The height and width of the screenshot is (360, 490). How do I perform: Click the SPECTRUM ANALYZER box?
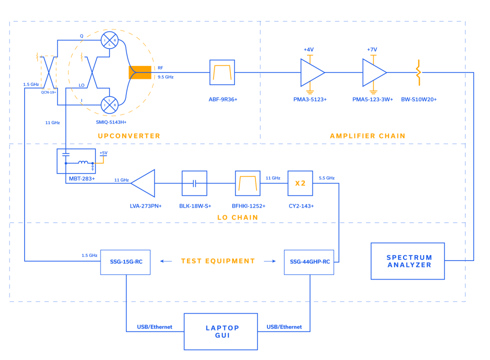[407, 261]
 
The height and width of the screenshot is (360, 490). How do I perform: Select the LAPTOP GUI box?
[220, 331]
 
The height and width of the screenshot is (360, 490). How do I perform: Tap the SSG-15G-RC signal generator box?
[125, 262]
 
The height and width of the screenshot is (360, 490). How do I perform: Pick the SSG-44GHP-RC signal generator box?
[309, 262]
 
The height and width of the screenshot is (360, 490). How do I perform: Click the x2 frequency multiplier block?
[300, 183]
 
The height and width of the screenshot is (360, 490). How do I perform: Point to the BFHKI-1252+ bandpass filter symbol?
[248, 183]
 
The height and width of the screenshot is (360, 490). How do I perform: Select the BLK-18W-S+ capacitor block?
[194, 183]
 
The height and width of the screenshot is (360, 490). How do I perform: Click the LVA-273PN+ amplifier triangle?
[144, 183]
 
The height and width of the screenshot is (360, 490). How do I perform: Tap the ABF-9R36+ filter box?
[222, 72]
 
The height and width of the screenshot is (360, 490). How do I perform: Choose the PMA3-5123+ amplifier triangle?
[311, 72]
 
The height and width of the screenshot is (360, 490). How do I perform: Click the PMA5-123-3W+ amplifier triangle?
[373, 72]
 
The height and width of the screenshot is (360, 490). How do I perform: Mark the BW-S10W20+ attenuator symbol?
[418, 72]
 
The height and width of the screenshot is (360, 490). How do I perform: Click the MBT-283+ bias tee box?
[76, 161]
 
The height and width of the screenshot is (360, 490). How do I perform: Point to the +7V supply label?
[372, 49]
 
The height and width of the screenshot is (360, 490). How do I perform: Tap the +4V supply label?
[308, 49]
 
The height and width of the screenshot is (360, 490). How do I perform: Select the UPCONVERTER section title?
[129, 136]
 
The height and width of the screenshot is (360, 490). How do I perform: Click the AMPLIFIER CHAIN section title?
[367, 136]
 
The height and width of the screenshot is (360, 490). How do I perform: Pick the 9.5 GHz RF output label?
[165, 77]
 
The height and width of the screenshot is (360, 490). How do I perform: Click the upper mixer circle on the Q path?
[109, 40]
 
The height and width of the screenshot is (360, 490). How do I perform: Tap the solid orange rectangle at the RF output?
[140, 72]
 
